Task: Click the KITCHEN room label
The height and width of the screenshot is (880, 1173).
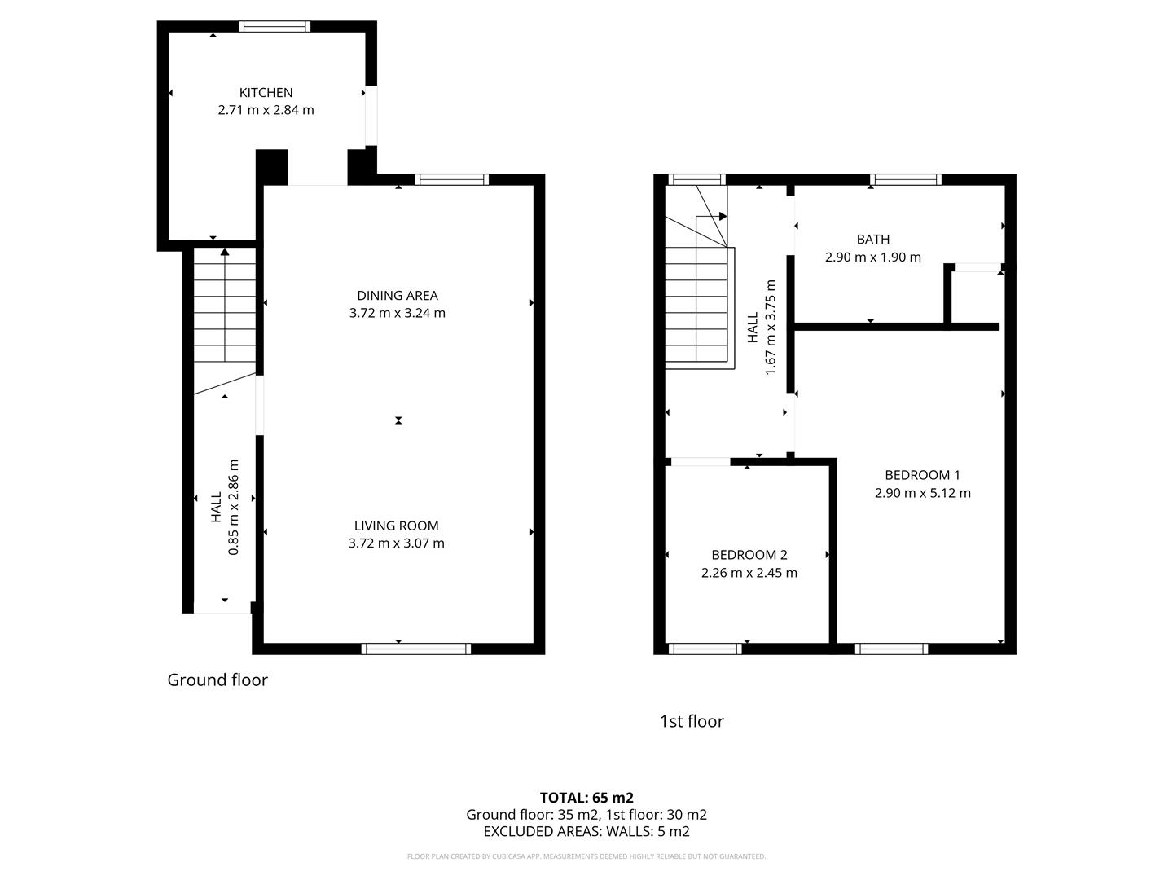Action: tap(266, 92)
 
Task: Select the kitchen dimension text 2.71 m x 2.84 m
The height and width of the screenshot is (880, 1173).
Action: tap(266, 110)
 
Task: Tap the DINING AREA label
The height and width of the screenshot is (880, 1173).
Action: tap(398, 295)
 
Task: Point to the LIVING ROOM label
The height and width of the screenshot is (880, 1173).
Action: tap(396, 526)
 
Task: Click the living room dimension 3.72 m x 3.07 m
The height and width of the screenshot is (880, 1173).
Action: tap(396, 543)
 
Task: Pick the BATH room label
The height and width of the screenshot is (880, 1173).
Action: tap(872, 239)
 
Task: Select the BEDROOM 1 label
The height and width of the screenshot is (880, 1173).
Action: tap(922, 475)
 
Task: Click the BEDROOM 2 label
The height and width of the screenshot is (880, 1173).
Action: tap(749, 555)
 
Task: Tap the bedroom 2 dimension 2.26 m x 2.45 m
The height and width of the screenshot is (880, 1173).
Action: tap(749, 573)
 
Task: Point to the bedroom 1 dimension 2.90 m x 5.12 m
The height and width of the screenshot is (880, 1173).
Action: tap(922, 493)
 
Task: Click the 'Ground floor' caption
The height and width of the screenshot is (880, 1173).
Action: tap(217, 680)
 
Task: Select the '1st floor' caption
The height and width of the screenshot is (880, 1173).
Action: tap(692, 721)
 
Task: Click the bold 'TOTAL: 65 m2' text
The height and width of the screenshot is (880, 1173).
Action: tap(586, 798)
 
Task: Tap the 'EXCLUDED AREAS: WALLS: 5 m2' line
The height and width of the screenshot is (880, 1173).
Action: tap(586, 832)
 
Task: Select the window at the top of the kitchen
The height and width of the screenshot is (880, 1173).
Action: tap(275, 27)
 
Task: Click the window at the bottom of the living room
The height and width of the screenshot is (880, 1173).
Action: tap(416, 649)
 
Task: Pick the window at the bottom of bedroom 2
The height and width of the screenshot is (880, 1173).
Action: tap(705, 649)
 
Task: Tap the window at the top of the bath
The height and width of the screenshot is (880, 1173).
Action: tap(905, 180)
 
